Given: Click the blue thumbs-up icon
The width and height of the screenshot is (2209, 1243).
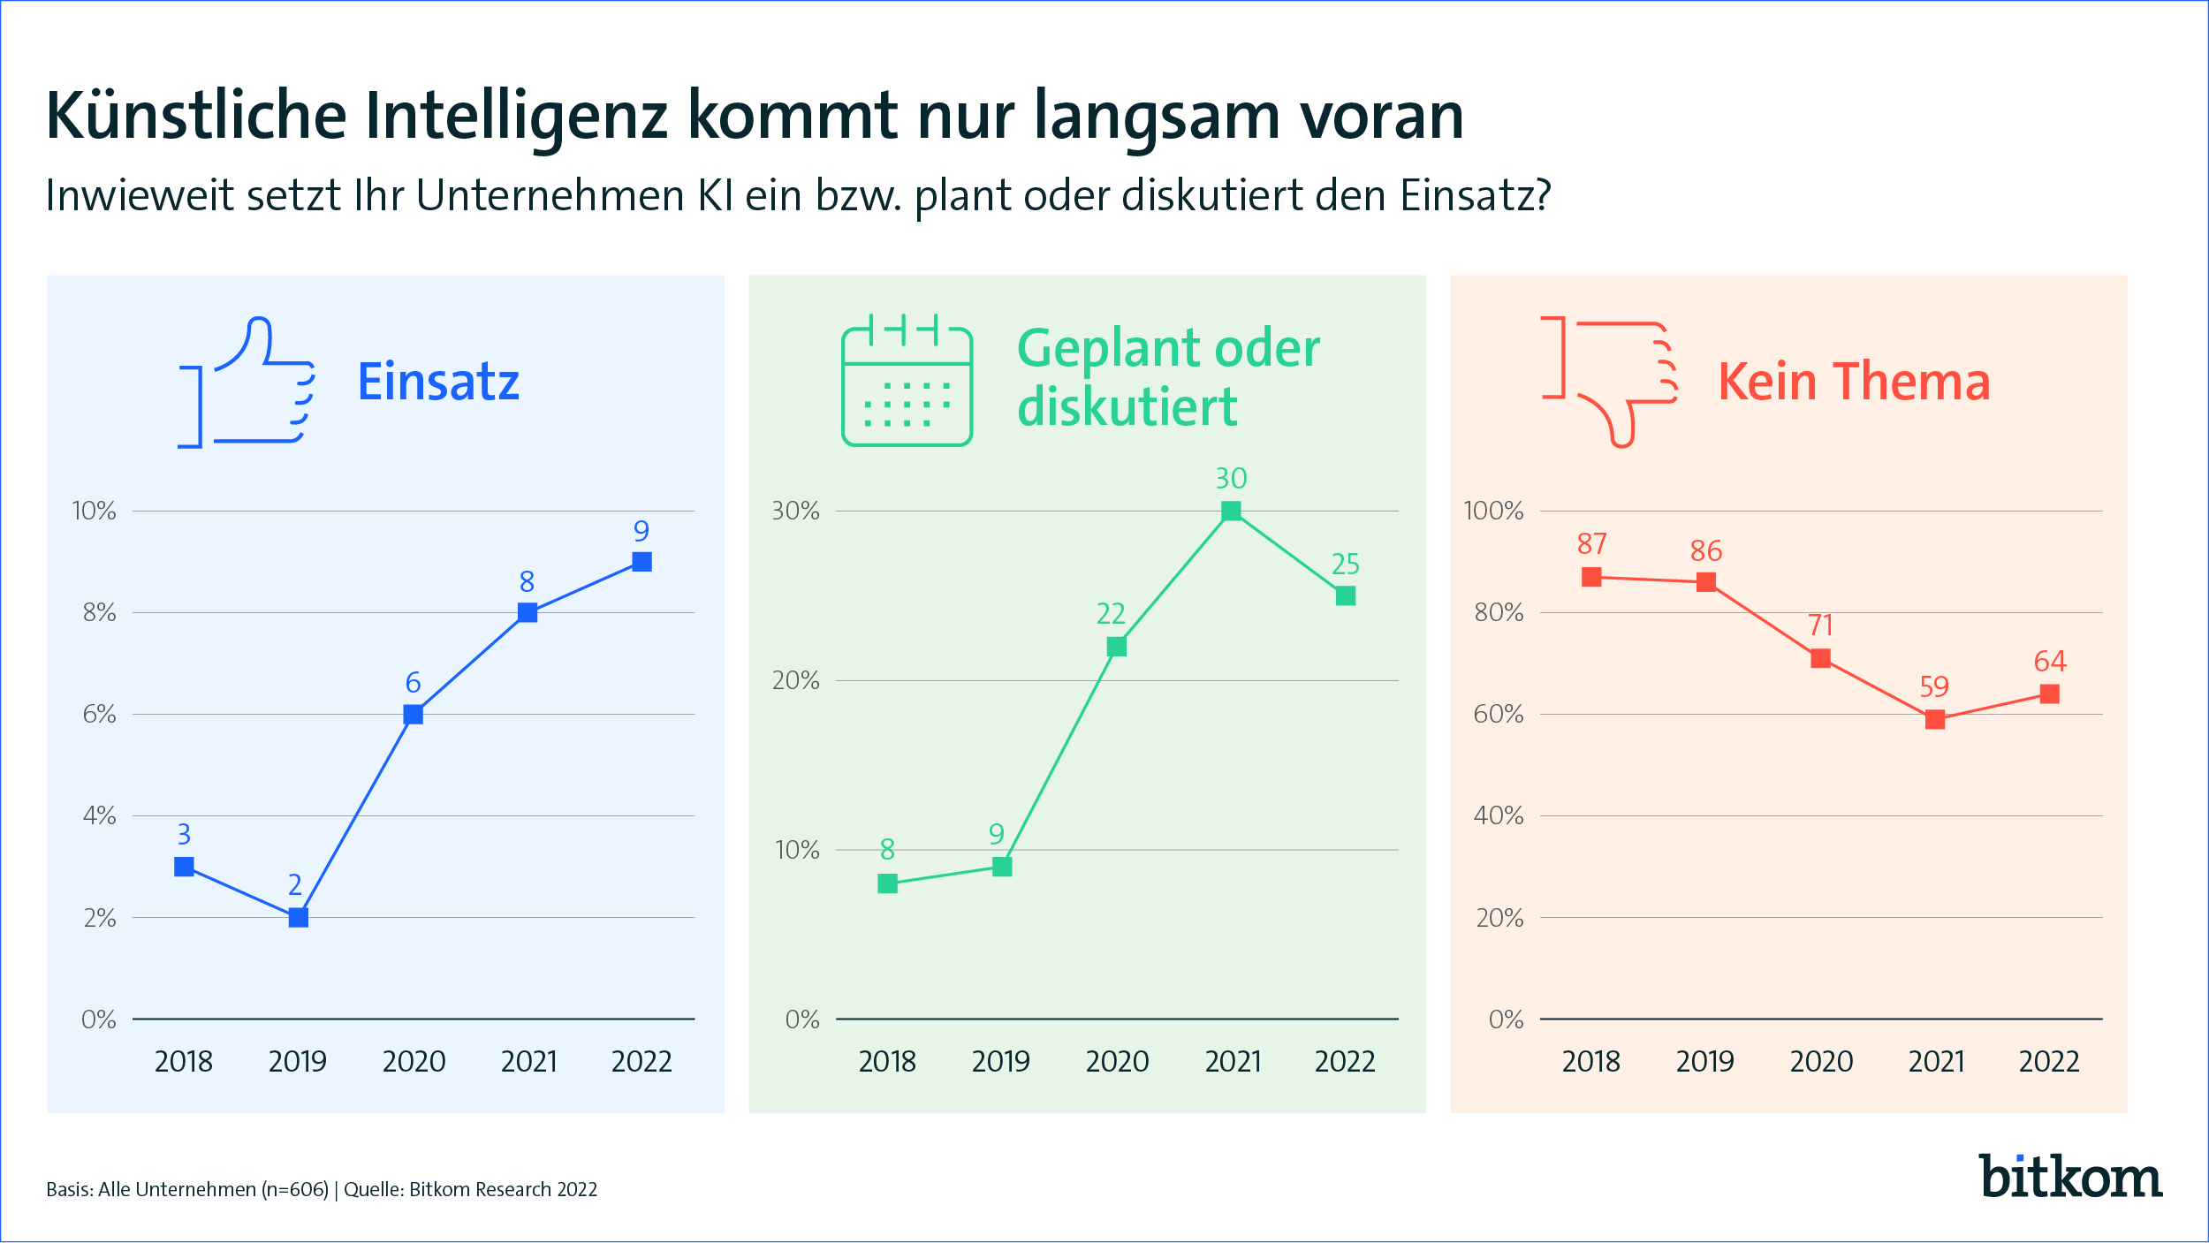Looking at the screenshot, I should tap(247, 383).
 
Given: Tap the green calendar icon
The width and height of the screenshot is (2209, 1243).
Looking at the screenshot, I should tap(907, 382).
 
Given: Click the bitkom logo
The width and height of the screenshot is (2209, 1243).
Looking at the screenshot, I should tap(2070, 1178).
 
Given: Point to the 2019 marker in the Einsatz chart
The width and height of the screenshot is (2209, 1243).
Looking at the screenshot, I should tap(299, 918).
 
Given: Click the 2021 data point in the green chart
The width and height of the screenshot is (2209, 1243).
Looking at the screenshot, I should tap(1231, 511).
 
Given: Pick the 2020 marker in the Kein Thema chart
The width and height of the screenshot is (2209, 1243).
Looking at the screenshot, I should tap(1820, 658).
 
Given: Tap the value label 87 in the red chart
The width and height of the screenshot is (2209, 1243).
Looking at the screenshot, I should tap(1591, 544).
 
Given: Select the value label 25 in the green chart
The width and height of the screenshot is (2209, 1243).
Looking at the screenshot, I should tap(1345, 565).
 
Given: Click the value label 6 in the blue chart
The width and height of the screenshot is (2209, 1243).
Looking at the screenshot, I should tap(413, 683).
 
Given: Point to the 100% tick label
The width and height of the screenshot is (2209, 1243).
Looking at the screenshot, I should tap(1493, 511).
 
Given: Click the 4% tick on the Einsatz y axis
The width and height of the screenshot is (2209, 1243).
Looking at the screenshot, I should tap(99, 815).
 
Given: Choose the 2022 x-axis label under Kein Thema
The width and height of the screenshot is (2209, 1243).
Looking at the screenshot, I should tap(2049, 1061).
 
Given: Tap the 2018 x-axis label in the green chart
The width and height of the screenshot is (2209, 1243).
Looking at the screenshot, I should tap(887, 1061).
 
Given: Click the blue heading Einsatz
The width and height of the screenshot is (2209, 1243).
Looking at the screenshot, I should tap(438, 382).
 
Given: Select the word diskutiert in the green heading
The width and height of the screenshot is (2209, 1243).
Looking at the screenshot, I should tap(1127, 406).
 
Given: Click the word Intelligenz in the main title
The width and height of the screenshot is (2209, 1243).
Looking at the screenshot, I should tap(516, 116).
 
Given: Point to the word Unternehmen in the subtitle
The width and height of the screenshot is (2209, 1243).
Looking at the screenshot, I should tap(550, 195).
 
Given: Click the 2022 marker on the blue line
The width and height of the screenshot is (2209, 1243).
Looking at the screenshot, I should tap(641, 562).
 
